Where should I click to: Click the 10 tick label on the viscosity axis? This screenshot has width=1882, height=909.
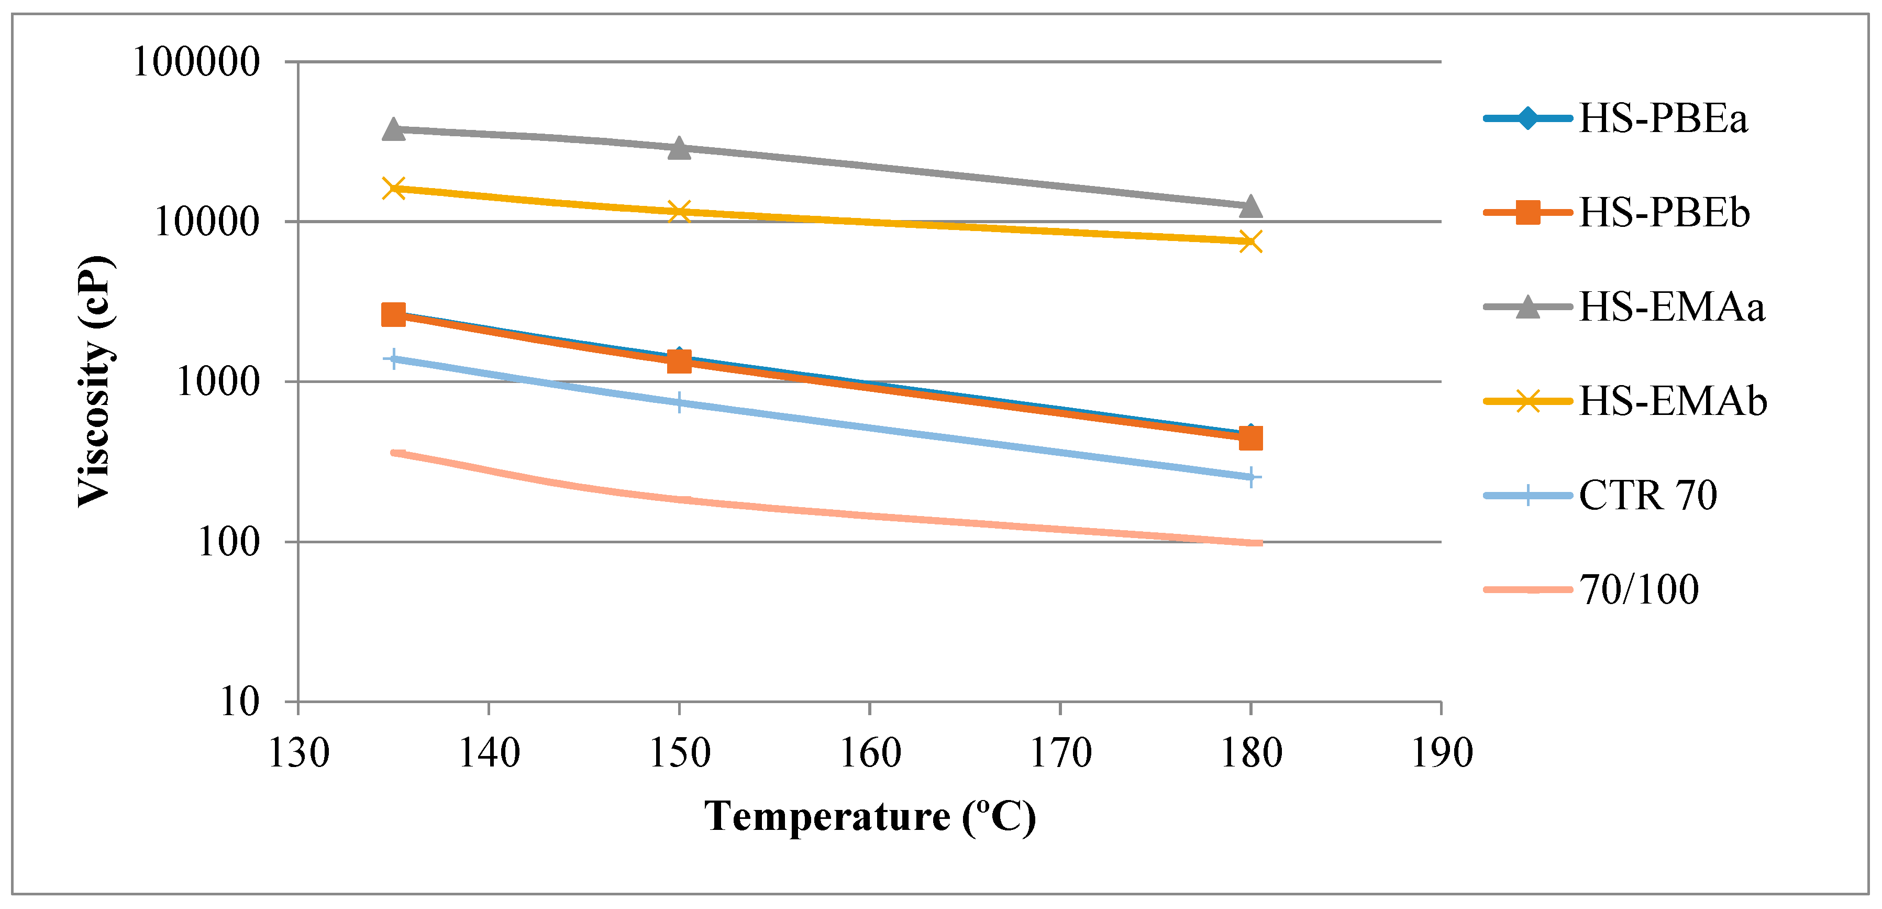(x=240, y=702)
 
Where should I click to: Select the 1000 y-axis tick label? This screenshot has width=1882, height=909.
(x=218, y=381)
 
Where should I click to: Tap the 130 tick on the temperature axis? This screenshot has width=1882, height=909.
(x=298, y=753)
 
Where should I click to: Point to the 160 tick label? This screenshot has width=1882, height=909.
(x=869, y=753)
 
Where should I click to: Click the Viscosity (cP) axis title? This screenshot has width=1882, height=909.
(x=95, y=381)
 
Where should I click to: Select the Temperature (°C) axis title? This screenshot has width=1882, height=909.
(x=869, y=817)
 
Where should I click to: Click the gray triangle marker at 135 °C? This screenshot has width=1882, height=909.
(x=394, y=130)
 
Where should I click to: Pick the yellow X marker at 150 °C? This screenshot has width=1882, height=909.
(x=680, y=212)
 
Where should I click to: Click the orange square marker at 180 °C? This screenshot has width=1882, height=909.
(x=1251, y=439)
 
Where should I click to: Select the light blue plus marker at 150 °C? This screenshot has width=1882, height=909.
(x=680, y=402)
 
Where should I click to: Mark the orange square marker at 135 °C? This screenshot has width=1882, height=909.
(x=394, y=315)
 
